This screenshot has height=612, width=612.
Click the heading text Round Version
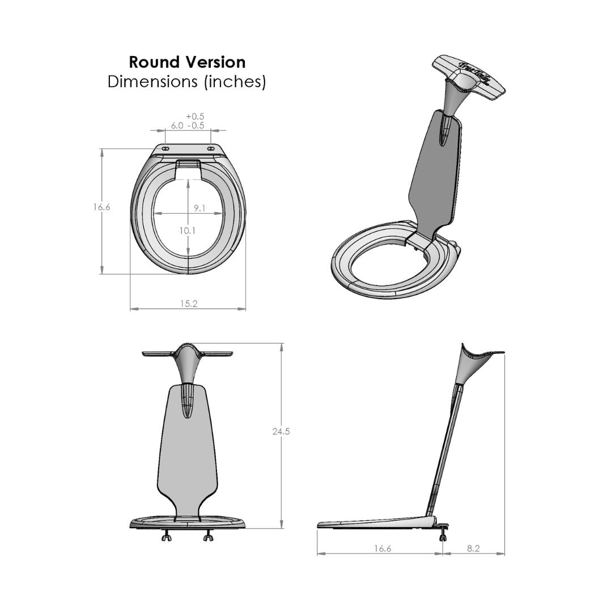187,62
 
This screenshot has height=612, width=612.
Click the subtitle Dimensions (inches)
187,82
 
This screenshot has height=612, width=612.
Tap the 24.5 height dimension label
281,432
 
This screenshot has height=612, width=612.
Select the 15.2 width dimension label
189,304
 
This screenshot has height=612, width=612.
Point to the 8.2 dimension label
474,549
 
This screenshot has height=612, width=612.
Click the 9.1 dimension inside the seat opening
199,209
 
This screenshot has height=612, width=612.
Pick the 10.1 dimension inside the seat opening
187,231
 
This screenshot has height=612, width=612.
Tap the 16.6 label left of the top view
102,207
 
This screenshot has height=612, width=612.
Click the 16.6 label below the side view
382,549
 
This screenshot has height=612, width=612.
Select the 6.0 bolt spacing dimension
177,126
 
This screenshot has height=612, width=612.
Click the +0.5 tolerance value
195,116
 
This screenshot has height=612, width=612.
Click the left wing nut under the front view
167,537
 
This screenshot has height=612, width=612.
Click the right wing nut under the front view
208,537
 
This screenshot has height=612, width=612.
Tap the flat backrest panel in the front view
187,453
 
